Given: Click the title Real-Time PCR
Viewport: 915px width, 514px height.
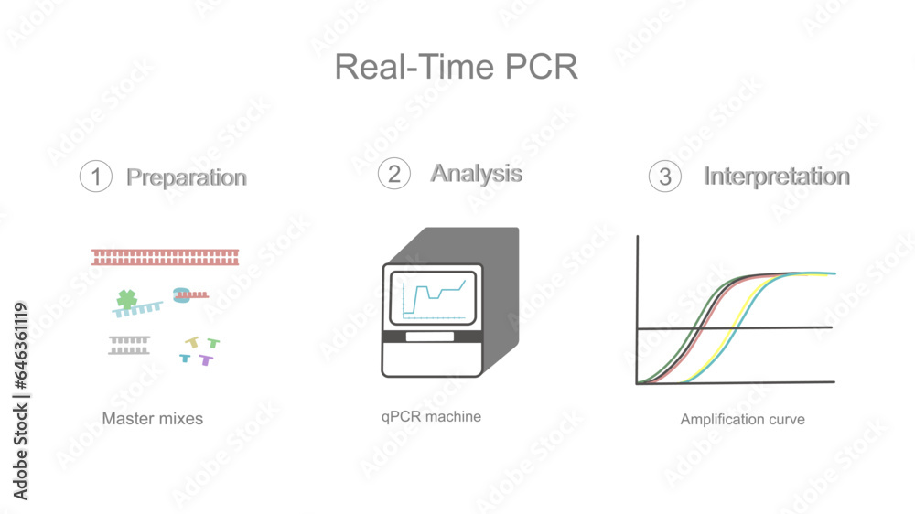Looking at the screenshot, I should click(456, 67).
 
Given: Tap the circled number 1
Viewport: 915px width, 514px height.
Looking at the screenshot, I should click(96, 177).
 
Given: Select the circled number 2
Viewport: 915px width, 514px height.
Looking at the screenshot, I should click(393, 174).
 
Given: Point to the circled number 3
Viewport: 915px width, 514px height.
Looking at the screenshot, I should click(665, 177).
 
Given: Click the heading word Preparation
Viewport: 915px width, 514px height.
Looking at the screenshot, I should click(187, 177).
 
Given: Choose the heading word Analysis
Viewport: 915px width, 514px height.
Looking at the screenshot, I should click(477, 173).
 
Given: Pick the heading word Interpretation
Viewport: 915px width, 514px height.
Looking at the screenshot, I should click(777, 176).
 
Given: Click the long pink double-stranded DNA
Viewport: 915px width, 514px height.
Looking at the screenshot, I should click(165, 257).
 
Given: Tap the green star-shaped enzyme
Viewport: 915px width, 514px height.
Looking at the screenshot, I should click(126, 298).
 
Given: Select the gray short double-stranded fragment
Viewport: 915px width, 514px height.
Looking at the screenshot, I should click(129, 345).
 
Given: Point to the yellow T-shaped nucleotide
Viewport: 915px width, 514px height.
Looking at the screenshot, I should click(192, 342).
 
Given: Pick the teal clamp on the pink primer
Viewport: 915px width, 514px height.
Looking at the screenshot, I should click(181, 294).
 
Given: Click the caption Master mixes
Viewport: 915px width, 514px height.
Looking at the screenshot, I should click(153, 419).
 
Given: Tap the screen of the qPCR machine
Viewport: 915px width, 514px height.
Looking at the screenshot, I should click(434, 295).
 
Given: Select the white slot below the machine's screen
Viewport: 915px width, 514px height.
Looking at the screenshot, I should click(432, 337).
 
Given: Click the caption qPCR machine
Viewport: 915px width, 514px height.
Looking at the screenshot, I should click(431, 416).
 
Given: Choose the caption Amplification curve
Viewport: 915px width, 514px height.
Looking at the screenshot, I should click(742, 419).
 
